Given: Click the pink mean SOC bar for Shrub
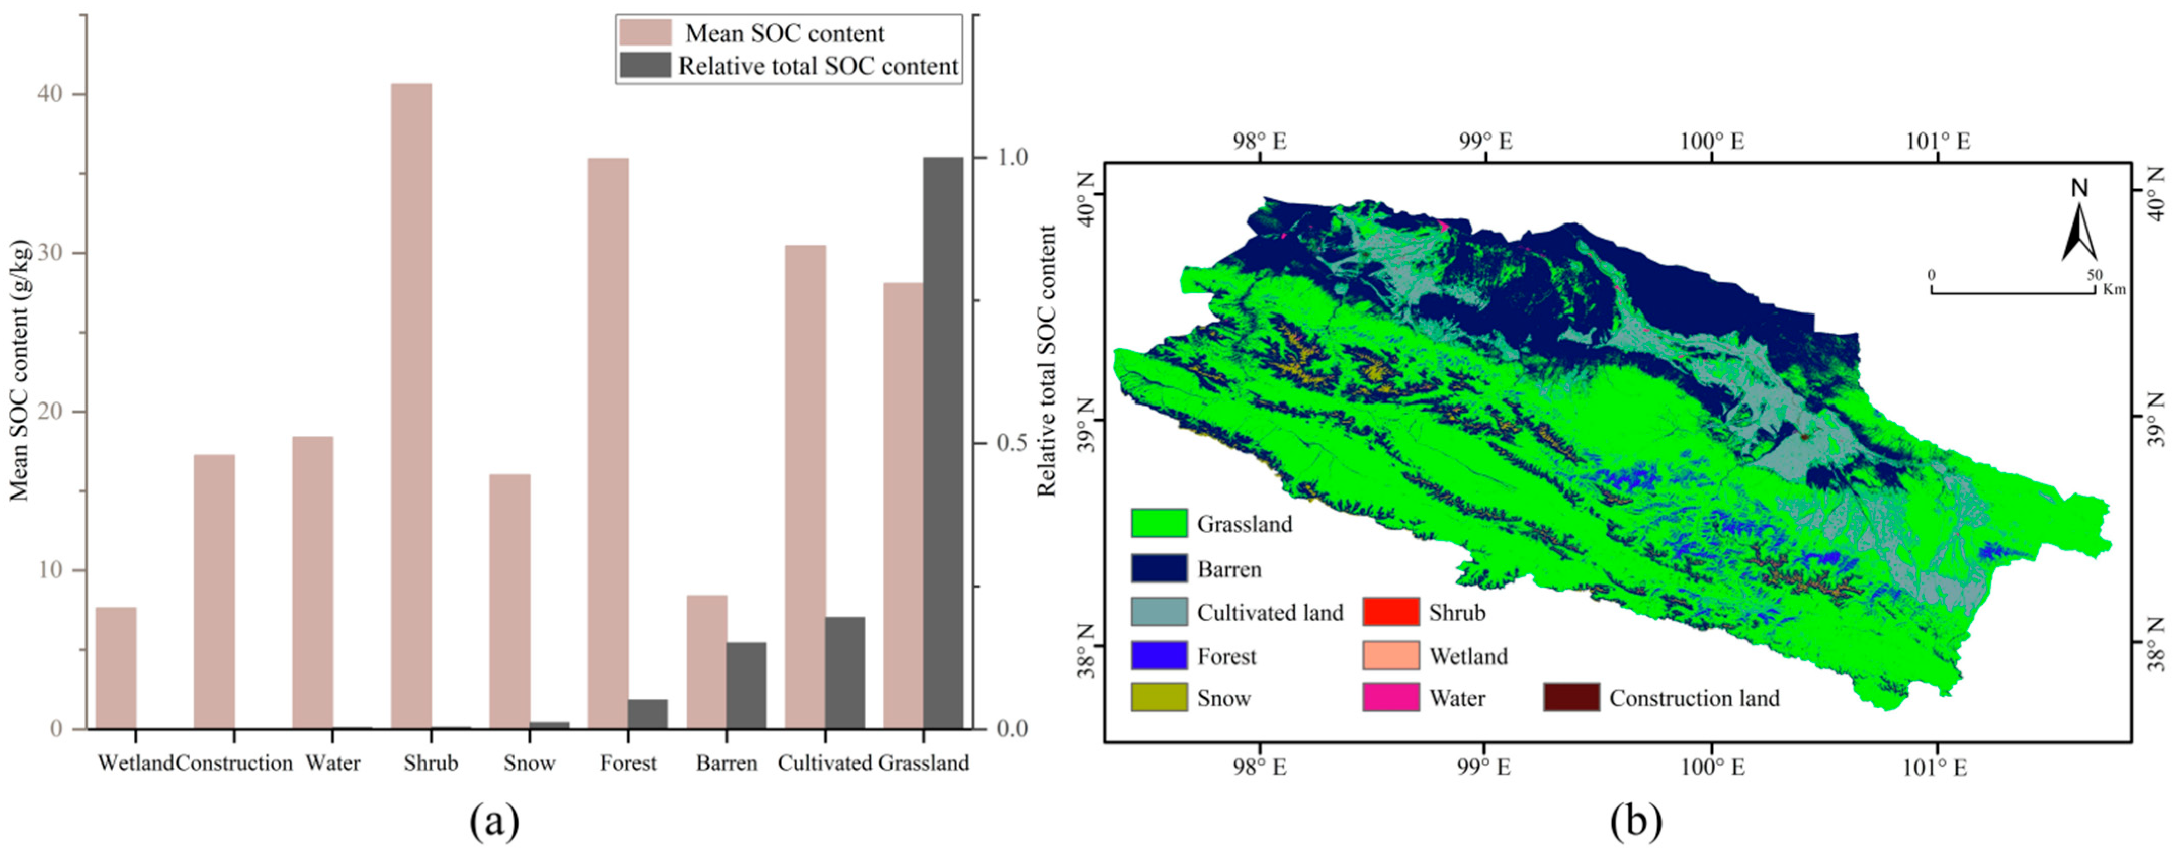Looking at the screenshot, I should click(x=411, y=405).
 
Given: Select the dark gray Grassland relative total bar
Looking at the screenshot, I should click(x=943, y=443).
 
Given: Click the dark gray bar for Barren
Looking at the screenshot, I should click(x=746, y=685).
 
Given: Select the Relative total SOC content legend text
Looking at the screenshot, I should click(x=818, y=66).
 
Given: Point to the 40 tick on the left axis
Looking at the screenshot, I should click(x=51, y=94).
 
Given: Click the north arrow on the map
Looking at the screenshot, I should click(x=2079, y=221).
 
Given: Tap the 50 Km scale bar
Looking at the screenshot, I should click(x=2013, y=291).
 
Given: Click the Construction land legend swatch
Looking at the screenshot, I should click(x=1570, y=698).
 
